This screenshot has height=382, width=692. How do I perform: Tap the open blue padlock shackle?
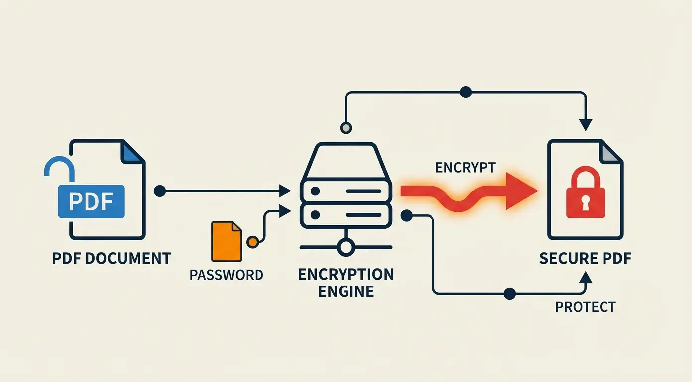(x=59, y=167)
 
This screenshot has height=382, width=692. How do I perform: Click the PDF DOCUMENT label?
(x=111, y=259)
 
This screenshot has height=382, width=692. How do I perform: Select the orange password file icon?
(x=226, y=241)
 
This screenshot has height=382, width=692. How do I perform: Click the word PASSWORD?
(x=226, y=275)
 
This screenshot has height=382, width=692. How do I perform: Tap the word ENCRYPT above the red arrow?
(x=465, y=168)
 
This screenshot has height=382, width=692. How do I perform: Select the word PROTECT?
(x=585, y=307)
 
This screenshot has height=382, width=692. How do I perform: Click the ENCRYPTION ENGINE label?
(x=346, y=283)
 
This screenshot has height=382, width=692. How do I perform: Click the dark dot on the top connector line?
(x=466, y=92)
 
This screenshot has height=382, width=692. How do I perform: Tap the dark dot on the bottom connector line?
(x=509, y=293)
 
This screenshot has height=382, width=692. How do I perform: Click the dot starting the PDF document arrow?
(x=159, y=191)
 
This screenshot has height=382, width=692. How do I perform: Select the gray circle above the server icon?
(x=346, y=128)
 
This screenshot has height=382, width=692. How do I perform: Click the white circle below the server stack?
(x=346, y=246)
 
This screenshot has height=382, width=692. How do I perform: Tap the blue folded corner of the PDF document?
(x=133, y=152)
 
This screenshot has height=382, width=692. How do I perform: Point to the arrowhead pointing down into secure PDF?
(x=586, y=125)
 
